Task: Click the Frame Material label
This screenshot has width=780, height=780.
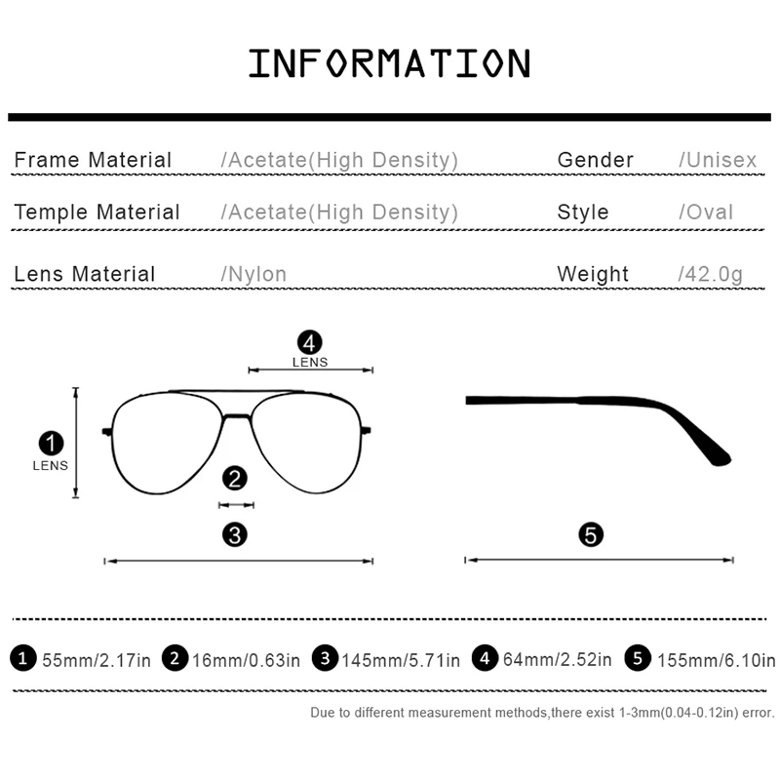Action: pos(93,160)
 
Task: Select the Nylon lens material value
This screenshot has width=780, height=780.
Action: pos(254,274)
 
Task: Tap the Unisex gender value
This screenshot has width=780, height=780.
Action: pos(718,160)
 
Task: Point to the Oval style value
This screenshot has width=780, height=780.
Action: pos(706,213)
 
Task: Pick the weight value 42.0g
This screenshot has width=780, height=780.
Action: pos(710,274)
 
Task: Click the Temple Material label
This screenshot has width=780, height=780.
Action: pos(97,213)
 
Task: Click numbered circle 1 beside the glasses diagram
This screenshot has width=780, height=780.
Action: pos(50,444)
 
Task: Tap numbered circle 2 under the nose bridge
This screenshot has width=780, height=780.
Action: pos(235,478)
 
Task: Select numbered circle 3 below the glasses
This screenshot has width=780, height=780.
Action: pos(235,533)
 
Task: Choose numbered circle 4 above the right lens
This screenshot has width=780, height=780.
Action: pos(310,342)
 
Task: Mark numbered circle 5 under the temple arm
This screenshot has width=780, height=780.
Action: pos(592,533)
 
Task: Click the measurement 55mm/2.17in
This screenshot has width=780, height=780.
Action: pos(97,660)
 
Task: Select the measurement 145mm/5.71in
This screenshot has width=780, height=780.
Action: pos(400,660)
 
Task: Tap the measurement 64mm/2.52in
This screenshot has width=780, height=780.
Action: pos(557,660)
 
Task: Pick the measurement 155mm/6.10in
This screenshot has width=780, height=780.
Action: pos(716,660)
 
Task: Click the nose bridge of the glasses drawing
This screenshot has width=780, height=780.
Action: pos(235,417)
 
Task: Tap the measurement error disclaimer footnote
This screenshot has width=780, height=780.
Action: pos(542,713)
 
